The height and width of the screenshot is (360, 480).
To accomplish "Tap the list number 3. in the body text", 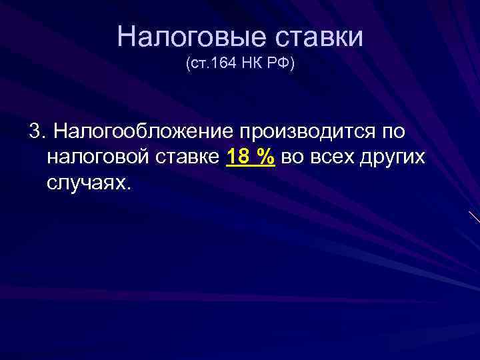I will pos(37,131).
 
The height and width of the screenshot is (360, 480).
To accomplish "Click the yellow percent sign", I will pos(267,157).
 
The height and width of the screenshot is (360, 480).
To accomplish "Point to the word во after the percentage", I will pos(293,157).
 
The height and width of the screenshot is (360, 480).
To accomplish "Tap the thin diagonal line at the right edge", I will pos(473,217).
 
